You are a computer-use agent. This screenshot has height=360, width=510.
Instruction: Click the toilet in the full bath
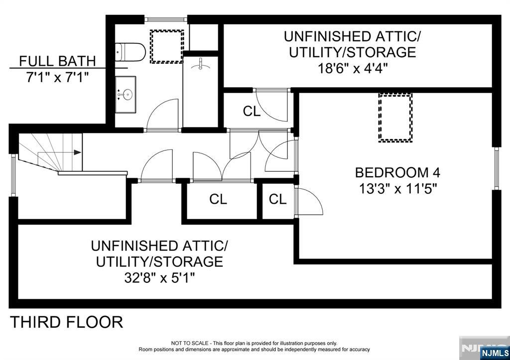130,51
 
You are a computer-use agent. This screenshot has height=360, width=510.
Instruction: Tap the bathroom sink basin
127,94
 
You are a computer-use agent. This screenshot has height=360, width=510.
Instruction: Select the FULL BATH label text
57,62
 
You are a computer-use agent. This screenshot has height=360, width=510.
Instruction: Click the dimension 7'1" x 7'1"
57,77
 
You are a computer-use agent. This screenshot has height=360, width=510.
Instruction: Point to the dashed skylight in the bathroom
167,46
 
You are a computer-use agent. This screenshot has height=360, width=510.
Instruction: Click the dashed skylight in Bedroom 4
395,118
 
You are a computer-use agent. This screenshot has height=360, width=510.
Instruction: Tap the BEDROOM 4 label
397,173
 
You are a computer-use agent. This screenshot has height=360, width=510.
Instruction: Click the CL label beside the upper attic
252,112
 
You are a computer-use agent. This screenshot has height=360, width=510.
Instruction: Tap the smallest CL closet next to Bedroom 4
277,200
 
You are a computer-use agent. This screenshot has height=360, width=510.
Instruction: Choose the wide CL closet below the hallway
218,200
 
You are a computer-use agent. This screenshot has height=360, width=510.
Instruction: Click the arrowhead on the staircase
77,153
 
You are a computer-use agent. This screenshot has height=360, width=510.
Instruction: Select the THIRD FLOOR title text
67,322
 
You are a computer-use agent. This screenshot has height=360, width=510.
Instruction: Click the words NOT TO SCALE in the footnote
189,343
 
